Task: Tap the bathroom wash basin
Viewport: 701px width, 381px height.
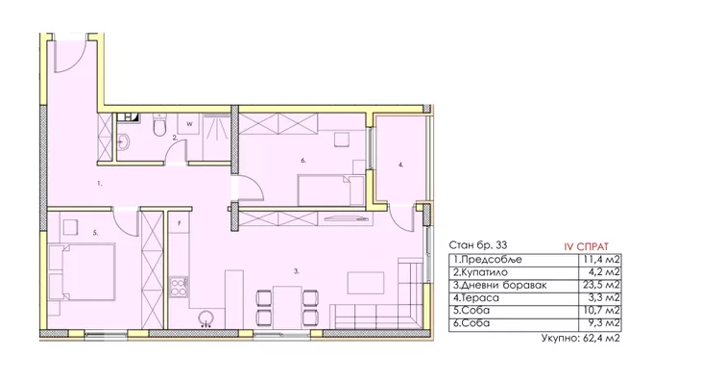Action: pos(123,142)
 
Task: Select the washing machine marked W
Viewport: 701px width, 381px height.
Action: pos(189,124)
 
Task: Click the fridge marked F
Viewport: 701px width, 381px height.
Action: pos(180,223)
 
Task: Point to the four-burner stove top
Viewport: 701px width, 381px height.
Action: pos(179,288)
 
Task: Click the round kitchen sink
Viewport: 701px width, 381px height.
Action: pos(206,318)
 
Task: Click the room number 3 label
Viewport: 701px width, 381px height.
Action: pos(297,271)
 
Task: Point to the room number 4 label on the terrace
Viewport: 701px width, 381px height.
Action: pos(400,165)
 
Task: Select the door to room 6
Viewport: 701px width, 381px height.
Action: pos(252,189)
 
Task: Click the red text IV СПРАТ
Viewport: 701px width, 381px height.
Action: pos(586,246)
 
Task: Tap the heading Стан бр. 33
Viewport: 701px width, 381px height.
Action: pos(478,245)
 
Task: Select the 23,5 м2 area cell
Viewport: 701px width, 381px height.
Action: pos(602,285)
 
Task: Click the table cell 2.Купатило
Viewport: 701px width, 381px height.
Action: pos(480,272)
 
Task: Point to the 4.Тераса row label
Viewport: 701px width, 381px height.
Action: pos(475,297)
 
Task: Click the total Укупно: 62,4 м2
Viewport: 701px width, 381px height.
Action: pos(580,338)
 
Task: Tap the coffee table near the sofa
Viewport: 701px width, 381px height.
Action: pos(366,283)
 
